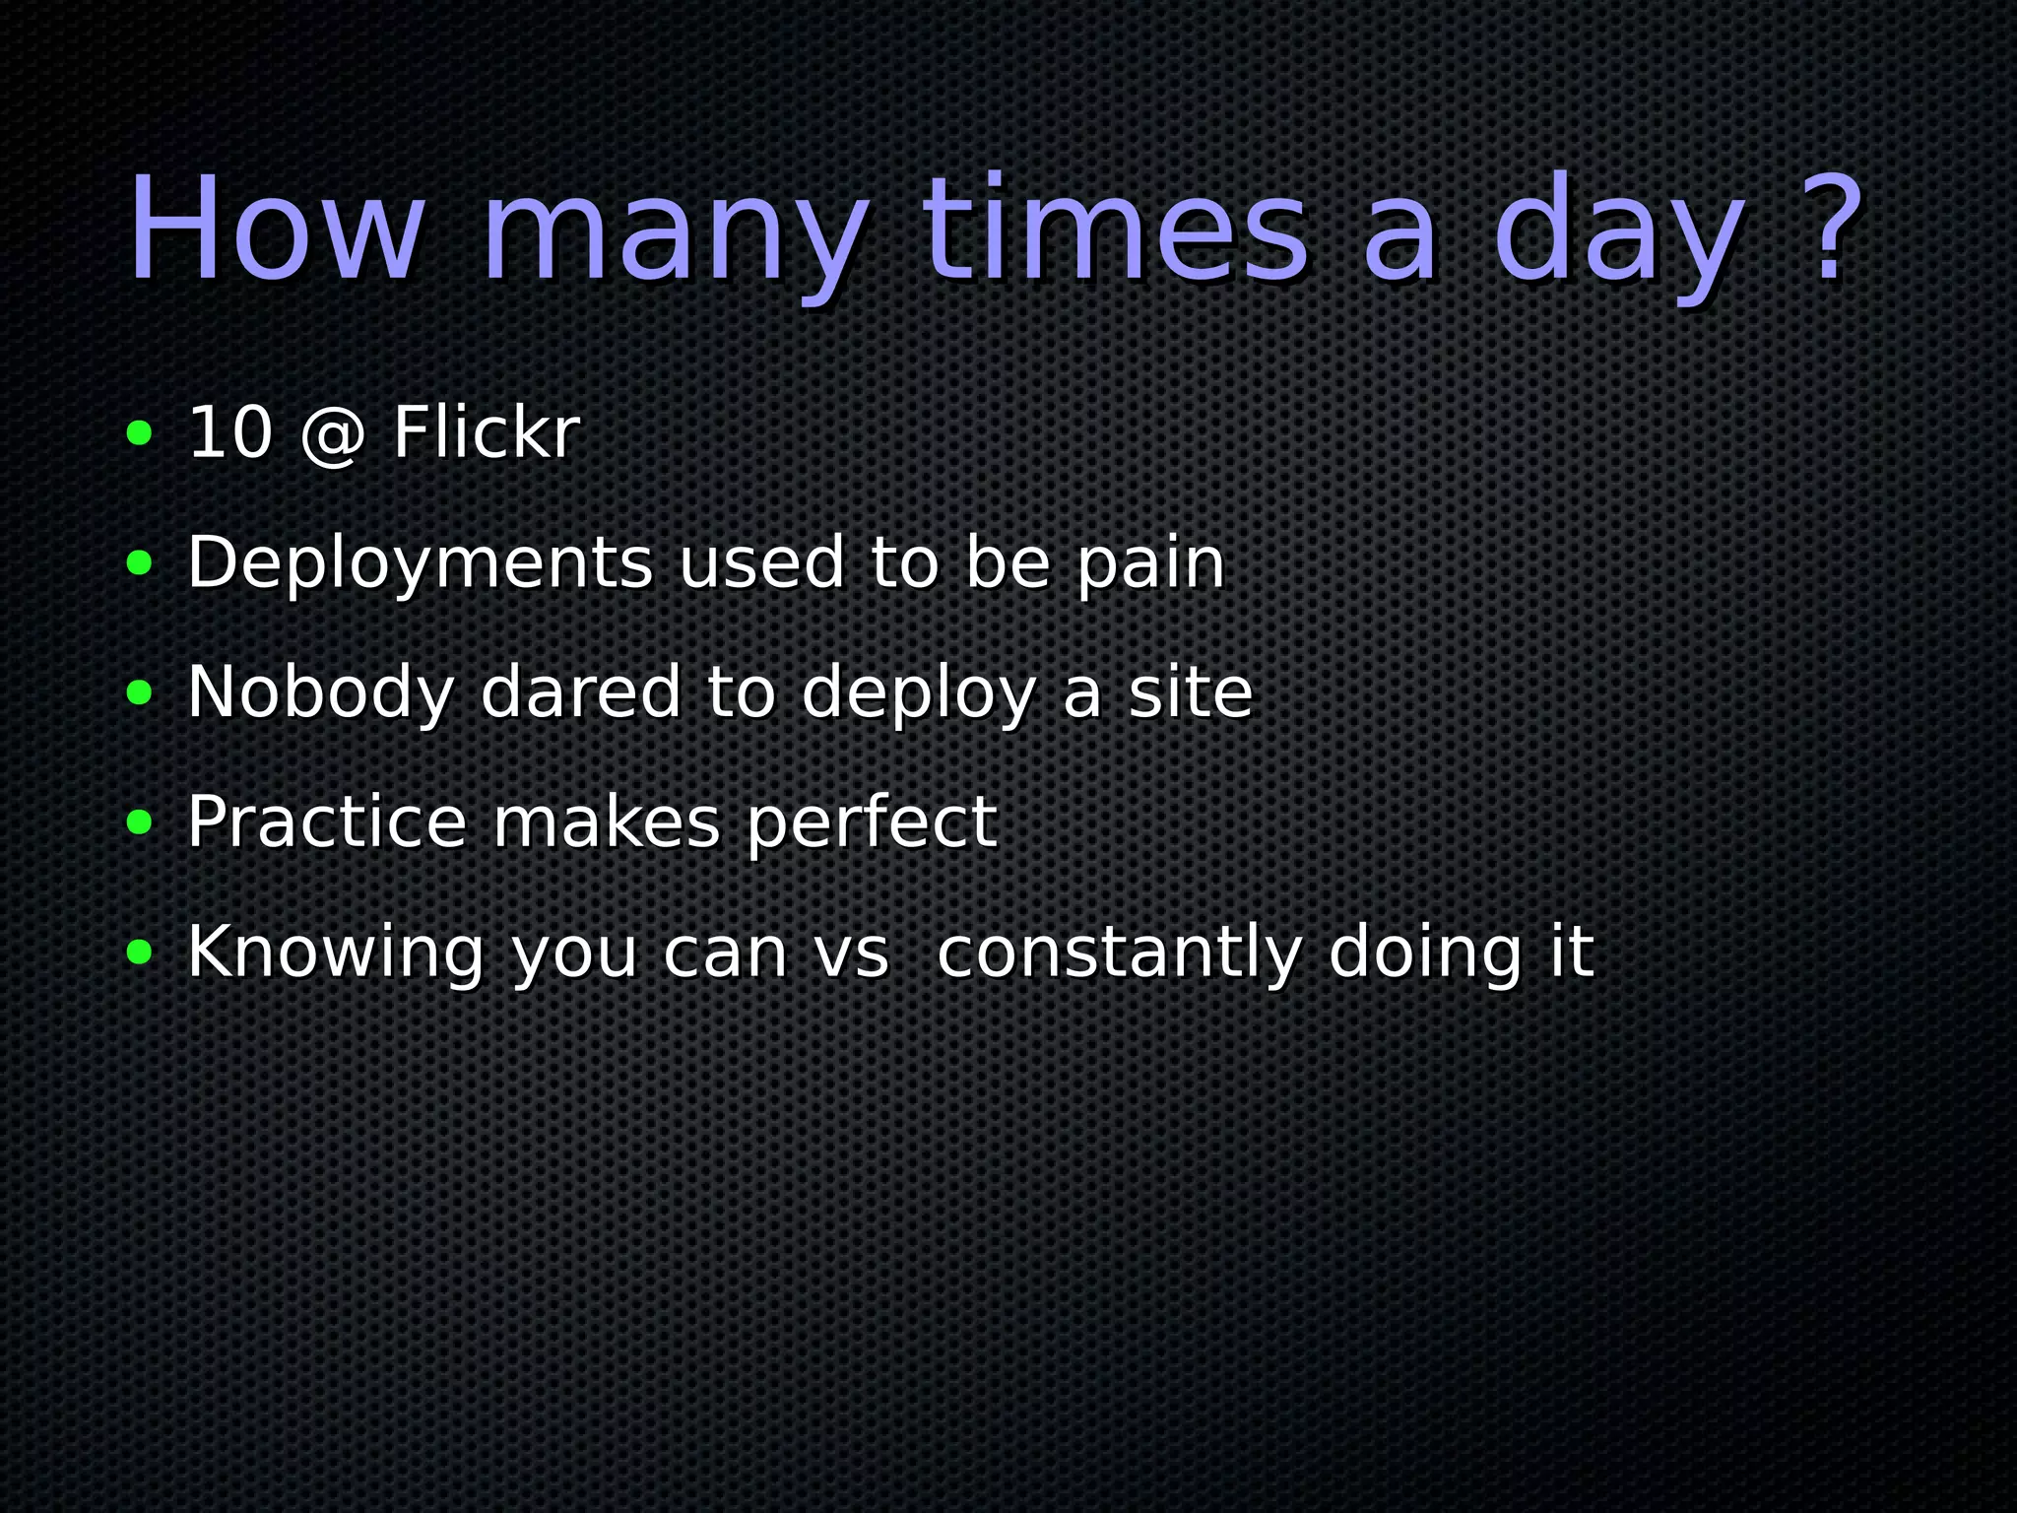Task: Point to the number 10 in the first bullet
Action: coord(229,432)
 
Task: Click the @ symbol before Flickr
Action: coord(333,434)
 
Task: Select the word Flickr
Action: coord(487,432)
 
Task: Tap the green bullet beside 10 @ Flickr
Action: coord(140,432)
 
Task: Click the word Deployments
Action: coord(420,564)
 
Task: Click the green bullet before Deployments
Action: coord(140,562)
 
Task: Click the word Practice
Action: coord(326,822)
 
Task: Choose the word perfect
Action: coord(872,822)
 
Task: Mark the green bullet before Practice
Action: coord(140,822)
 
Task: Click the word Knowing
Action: coord(335,954)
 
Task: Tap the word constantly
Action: coord(1119,954)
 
